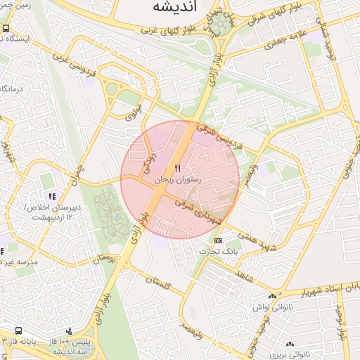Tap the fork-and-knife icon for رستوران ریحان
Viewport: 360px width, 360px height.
click(177, 168)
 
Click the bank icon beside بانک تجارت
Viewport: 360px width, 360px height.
click(218, 240)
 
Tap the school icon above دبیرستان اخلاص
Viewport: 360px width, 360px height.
click(50, 195)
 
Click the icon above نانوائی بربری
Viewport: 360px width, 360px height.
click(290, 345)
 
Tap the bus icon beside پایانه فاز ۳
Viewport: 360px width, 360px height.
click(18, 330)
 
